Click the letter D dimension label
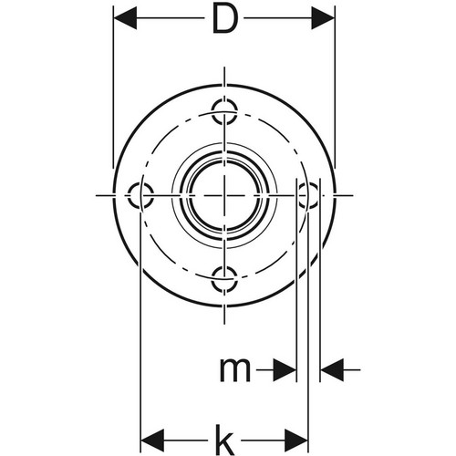coord(225,19)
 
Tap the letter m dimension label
coord(235,370)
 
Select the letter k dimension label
coord(225,440)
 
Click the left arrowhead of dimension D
coord(125,18)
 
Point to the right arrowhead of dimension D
coord(323,18)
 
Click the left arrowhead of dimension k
coord(152,440)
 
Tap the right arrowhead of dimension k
coord(296,440)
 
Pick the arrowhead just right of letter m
coord(285,370)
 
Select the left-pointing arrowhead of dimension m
coord(332,370)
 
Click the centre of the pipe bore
coord(224,195)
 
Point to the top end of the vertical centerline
coord(224,67)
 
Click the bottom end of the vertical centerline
coord(224,324)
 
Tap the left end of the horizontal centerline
coord(96,195)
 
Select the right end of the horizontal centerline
coord(353,195)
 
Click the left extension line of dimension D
coord(113,87)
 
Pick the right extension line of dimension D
coord(335,87)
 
